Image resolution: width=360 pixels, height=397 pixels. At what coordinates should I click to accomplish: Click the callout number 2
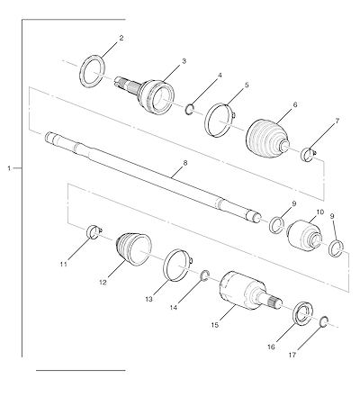coord(121,38)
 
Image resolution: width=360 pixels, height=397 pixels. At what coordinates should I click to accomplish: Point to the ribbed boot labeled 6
coord(267,139)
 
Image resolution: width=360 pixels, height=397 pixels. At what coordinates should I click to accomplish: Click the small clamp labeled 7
coord(309,155)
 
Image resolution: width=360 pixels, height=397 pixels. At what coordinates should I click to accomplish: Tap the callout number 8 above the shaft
coord(185,163)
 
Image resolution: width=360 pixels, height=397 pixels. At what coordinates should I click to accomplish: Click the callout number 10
coord(320,212)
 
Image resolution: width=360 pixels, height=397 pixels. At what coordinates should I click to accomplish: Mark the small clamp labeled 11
coord(94,232)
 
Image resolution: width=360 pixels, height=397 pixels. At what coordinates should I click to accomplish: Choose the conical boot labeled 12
coord(134,249)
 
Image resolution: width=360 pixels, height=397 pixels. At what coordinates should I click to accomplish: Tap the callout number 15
coord(215,325)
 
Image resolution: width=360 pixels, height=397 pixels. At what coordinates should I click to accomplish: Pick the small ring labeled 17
coord(321,321)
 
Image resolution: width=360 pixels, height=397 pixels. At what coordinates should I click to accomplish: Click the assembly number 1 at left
coord(9,168)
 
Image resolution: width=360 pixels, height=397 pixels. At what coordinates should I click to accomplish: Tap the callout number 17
coord(292,355)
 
